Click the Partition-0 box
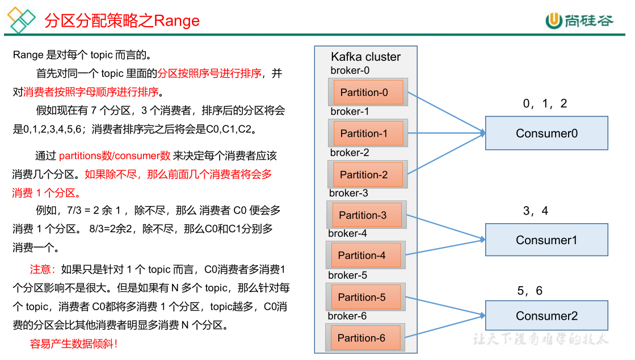point(368,92)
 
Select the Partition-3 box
point(367,215)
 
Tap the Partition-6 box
point(365,338)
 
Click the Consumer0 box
point(546,133)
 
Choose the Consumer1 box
point(546,240)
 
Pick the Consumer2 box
point(546,316)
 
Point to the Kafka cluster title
point(365,57)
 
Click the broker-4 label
point(347,233)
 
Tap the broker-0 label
point(350,70)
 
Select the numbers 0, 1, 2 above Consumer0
point(545,103)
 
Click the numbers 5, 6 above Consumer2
point(529,291)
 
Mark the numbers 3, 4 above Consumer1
point(535,211)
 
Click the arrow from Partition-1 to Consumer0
point(445,133)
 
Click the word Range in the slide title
point(177,21)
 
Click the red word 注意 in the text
point(43,269)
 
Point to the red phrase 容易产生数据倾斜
point(74,344)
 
